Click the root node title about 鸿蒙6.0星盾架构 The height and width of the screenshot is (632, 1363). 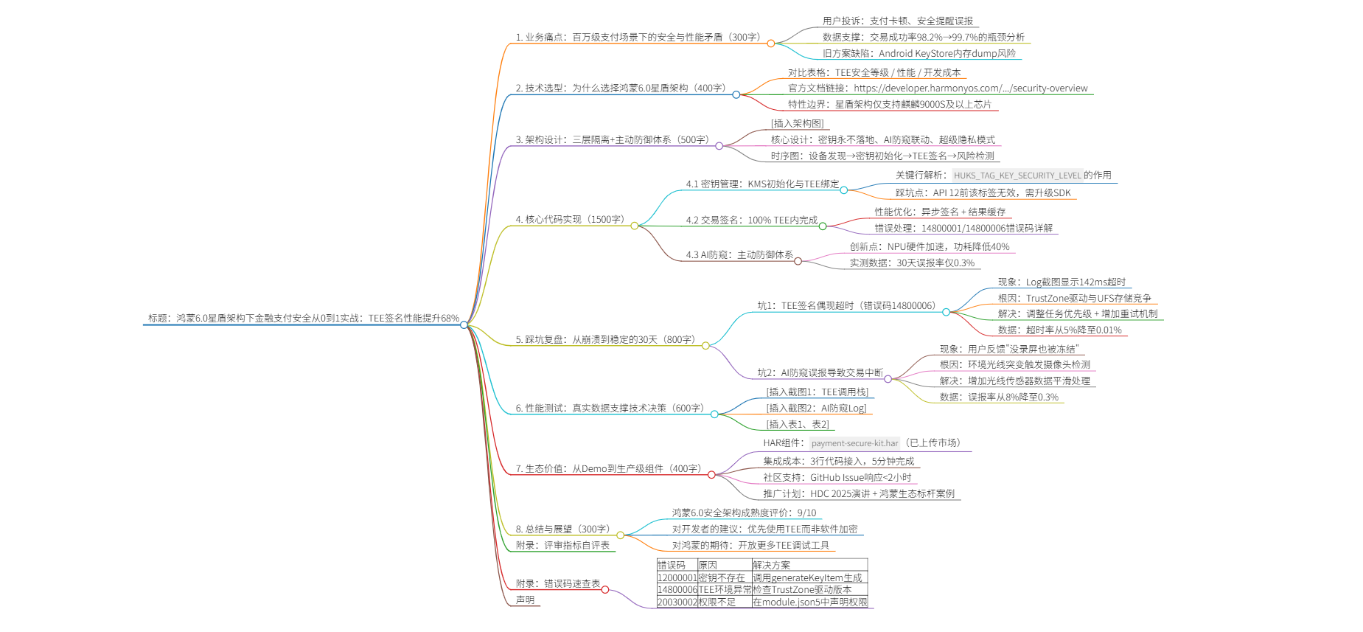click(303, 319)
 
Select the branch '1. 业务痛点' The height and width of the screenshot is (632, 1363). click(638, 37)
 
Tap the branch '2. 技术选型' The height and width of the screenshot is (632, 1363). click(621, 88)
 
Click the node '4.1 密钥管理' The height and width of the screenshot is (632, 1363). click(762, 184)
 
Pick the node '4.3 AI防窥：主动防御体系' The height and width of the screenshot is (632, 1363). click(739, 255)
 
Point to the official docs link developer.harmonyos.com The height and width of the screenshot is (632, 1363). click(970, 88)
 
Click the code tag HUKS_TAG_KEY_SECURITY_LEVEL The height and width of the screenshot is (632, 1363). click(1017, 176)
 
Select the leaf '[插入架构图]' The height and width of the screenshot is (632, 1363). click(797, 124)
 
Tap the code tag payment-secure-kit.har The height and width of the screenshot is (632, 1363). click(854, 443)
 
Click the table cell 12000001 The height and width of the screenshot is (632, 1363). click(677, 578)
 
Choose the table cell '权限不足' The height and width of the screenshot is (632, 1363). click(717, 603)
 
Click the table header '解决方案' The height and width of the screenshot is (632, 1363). click(771, 566)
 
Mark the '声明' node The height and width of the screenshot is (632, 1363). click(525, 600)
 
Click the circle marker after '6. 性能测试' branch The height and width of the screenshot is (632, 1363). click(714, 414)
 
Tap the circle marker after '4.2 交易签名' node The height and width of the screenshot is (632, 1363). click(823, 226)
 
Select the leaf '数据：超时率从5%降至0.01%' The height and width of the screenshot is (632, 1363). click(1059, 330)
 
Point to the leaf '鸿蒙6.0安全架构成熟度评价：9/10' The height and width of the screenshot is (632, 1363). click(744, 513)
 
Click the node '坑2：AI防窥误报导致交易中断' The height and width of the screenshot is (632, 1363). click(820, 373)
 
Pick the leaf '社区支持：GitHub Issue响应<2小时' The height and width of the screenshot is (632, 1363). click(837, 478)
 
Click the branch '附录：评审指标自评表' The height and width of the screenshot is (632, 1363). click(562, 546)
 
